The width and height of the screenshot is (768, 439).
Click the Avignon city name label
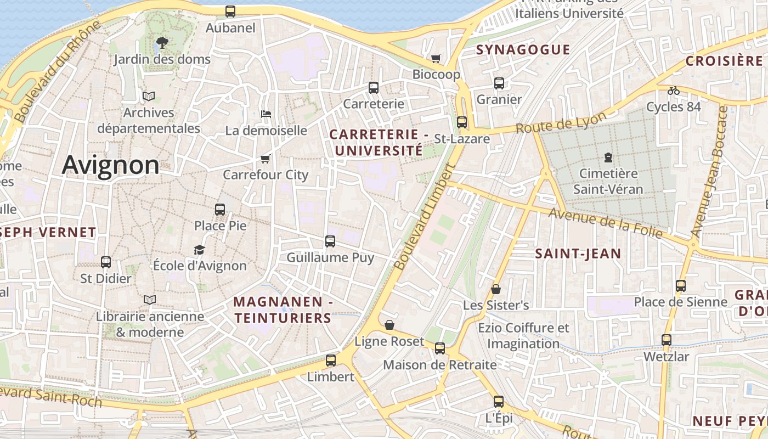pyautogui.click(x=110, y=165)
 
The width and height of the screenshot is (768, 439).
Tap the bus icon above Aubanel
pyautogui.click(x=230, y=11)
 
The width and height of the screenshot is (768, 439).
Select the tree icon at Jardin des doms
pyautogui.click(x=162, y=42)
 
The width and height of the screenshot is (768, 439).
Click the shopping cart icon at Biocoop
pyautogui.click(x=436, y=58)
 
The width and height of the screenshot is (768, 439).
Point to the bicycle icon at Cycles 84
pyautogui.click(x=674, y=91)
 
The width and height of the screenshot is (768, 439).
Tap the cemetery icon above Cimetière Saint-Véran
pyautogui.click(x=608, y=157)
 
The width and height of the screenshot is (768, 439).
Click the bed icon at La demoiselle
pyautogui.click(x=266, y=114)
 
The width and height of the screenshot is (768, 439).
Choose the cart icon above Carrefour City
pyautogui.click(x=266, y=159)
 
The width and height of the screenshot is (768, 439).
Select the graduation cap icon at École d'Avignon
pyautogui.click(x=200, y=250)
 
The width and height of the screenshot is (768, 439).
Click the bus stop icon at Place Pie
pyautogui.click(x=220, y=209)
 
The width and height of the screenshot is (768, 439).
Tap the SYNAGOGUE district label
pyautogui.click(x=523, y=50)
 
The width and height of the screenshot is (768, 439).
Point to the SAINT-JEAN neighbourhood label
pyautogui.click(x=578, y=254)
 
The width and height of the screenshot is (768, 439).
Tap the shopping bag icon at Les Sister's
pyautogui.click(x=496, y=289)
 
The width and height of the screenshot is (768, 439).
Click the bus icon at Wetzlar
pyautogui.click(x=667, y=340)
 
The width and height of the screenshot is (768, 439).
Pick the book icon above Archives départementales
pyautogui.click(x=149, y=96)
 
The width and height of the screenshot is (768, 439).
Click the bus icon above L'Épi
pyautogui.click(x=499, y=402)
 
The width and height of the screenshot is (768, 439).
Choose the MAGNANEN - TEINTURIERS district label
pyautogui.click(x=283, y=309)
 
